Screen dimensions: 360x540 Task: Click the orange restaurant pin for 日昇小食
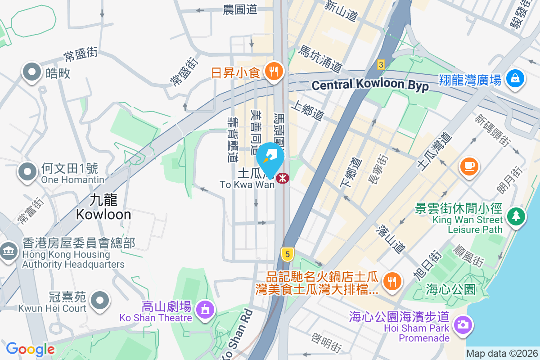pyautogui.click(x=273, y=71)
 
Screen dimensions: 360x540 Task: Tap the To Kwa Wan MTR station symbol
pyautogui.click(x=283, y=178)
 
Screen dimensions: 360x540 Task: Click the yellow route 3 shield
pyautogui.click(x=381, y=65)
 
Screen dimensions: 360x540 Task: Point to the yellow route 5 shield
pyautogui.click(x=288, y=254)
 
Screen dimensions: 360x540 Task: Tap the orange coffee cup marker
pyautogui.click(x=469, y=166)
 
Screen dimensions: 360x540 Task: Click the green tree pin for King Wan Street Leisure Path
pyautogui.click(x=516, y=216)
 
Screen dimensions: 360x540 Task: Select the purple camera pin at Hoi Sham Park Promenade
pyautogui.click(x=463, y=324)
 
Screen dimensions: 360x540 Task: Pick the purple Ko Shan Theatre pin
pyautogui.click(x=205, y=310)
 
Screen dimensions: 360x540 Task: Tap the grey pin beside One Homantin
pyautogui.click(x=28, y=171)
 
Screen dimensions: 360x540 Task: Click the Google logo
pyautogui.click(x=31, y=349)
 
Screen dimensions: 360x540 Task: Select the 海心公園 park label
pyautogui.click(x=450, y=289)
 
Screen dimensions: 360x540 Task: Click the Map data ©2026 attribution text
pyautogui.click(x=502, y=354)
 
